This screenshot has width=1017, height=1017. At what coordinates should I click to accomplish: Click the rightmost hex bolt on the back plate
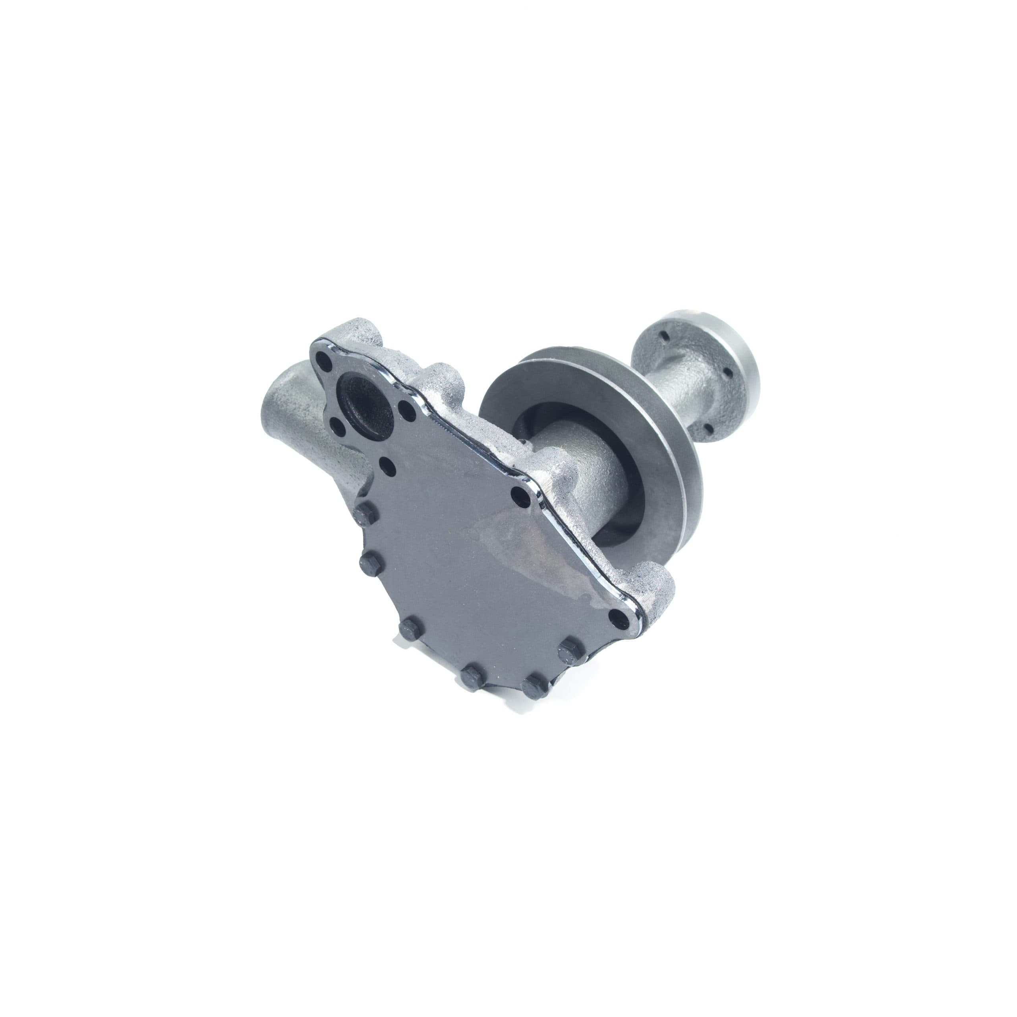tap(570, 647)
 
